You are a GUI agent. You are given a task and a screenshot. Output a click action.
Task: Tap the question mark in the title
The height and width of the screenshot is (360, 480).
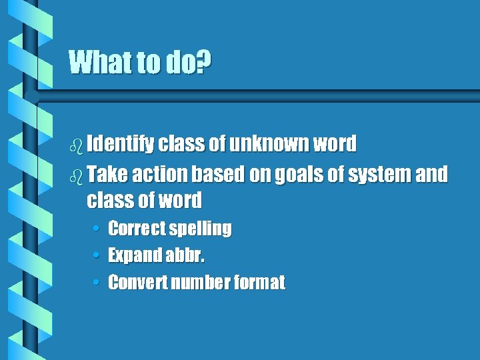(x=205, y=63)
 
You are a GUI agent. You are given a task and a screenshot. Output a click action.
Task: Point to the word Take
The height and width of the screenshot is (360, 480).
(x=107, y=175)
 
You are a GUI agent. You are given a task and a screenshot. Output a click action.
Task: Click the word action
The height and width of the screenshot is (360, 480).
(x=159, y=175)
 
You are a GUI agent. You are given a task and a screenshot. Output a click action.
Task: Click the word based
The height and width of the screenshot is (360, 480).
(x=219, y=175)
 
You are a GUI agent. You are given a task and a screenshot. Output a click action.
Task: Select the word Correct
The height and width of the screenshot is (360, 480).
(x=136, y=229)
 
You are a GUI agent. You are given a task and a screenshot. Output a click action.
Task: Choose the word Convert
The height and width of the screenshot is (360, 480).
(x=137, y=283)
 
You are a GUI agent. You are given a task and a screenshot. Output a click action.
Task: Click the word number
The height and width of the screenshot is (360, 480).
(x=199, y=283)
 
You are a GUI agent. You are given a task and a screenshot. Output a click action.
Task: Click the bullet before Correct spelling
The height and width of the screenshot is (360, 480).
(x=97, y=229)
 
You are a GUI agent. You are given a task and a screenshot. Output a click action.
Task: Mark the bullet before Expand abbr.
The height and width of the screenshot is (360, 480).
(x=97, y=255)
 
